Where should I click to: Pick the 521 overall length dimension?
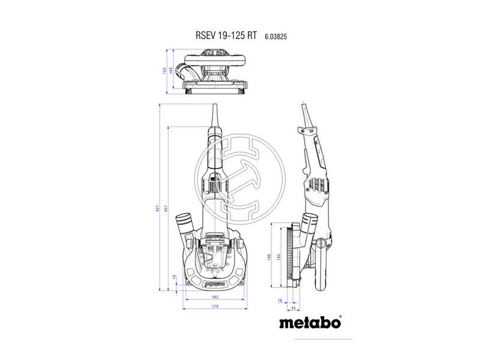click(x=158, y=208)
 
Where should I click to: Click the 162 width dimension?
click(x=215, y=296)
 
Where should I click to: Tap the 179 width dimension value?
click(x=215, y=307)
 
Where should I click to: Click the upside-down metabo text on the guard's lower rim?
click(x=214, y=280)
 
